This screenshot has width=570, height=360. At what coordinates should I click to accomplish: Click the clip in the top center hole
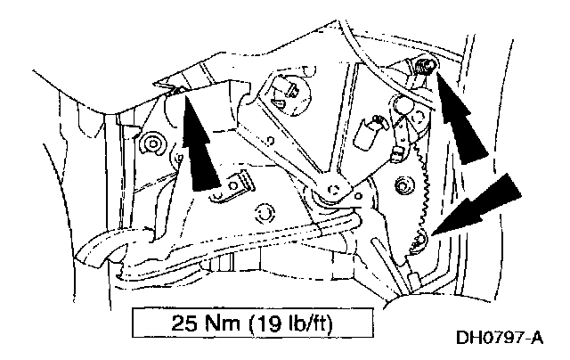(x=288, y=88)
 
